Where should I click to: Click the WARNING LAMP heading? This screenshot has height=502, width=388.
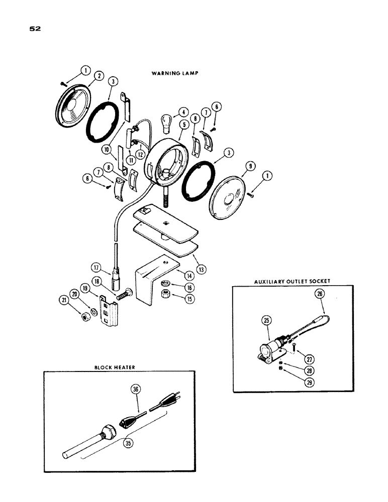[175, 73]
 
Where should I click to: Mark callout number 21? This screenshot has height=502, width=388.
[63, 300]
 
